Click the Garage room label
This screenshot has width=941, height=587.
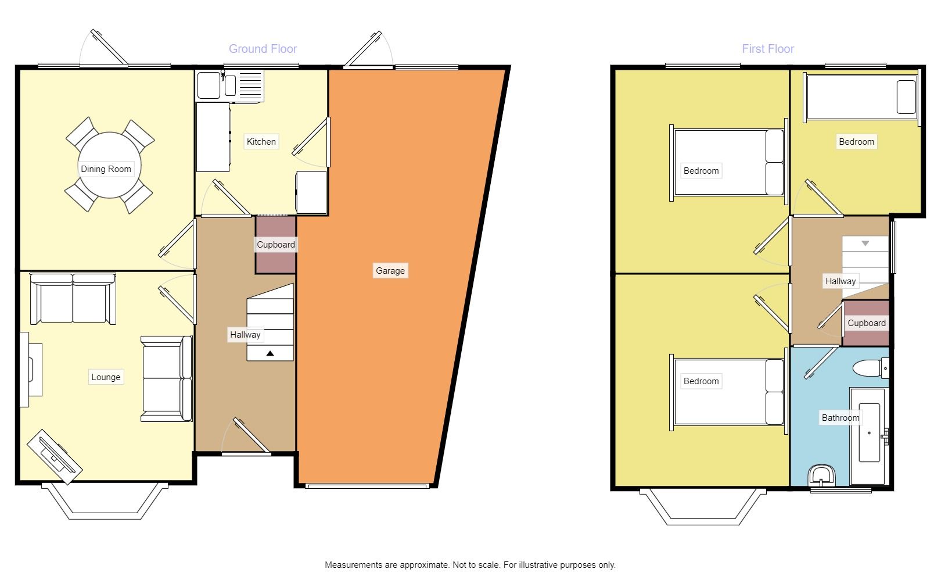tap(390, 271)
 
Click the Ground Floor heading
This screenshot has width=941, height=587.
tap(263, 49)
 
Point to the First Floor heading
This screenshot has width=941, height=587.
tap(767, 49)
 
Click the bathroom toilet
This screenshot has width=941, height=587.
tap(870, 368)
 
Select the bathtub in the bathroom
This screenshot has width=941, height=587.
tap(868, 436)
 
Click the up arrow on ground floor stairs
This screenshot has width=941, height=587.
tap(270, 353)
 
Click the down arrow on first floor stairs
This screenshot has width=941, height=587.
tap(865, 244)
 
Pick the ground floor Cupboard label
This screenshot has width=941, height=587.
tap(276, 245)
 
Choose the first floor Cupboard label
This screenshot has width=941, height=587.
tap(866, 323)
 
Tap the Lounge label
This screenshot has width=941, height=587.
tap(106, 377)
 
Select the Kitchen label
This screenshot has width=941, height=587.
tap(261, 142)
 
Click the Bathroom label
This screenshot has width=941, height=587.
tap(840, 418)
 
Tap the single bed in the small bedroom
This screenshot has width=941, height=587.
tap(860, 98)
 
